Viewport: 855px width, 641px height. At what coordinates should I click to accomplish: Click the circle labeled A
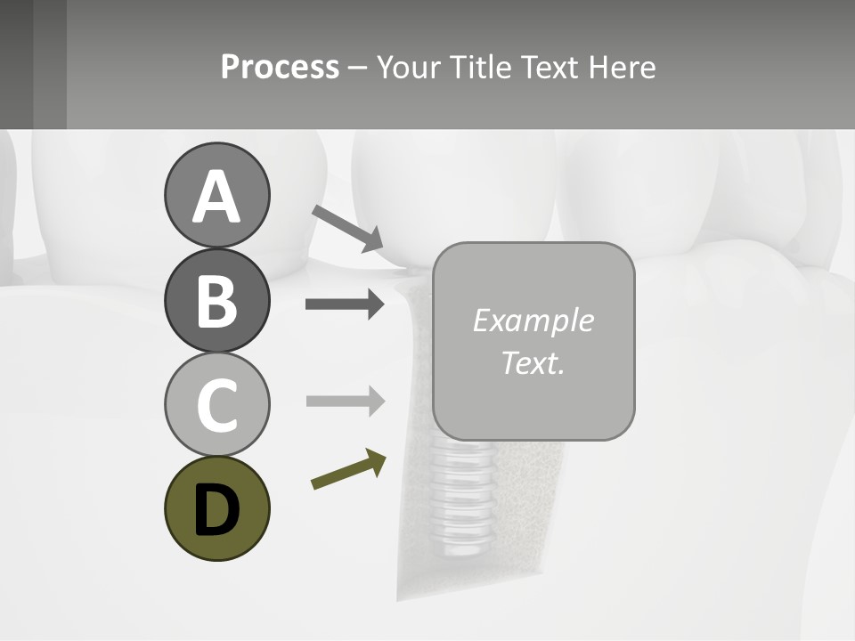pyautogui.click(x=216, y=195)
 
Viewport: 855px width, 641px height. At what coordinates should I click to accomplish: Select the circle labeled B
pyautogui.click(x=216, y=300)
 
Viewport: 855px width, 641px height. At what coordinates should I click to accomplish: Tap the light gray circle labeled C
pyautogui.click(x=216, y=404)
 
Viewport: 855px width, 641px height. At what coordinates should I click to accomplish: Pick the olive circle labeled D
pyautogui.click(x=216, y=508)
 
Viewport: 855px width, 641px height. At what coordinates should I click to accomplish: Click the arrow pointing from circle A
pyautogui.click(x=347, y=227)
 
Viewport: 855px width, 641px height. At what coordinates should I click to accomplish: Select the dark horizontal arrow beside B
pyautogui.click(x=345, y=304)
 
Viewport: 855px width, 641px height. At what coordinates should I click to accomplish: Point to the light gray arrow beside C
pyautogui.click(x=345, y=401)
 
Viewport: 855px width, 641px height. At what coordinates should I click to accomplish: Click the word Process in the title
pyautogui.click(x=280, y=67)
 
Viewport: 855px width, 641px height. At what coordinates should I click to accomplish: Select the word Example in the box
pyautogui.click(x=533, y=320)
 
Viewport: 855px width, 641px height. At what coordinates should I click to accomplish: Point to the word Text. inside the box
pyautogui.click(x=533, y=362)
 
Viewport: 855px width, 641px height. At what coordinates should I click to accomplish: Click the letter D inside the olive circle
pyautogui.click(x=216, y=510)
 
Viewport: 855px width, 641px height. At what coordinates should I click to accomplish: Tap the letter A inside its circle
pyautogui.click(x=216, y=197)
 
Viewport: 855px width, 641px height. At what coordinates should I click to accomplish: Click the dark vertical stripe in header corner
pyautogui.click(x=50, y=64)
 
